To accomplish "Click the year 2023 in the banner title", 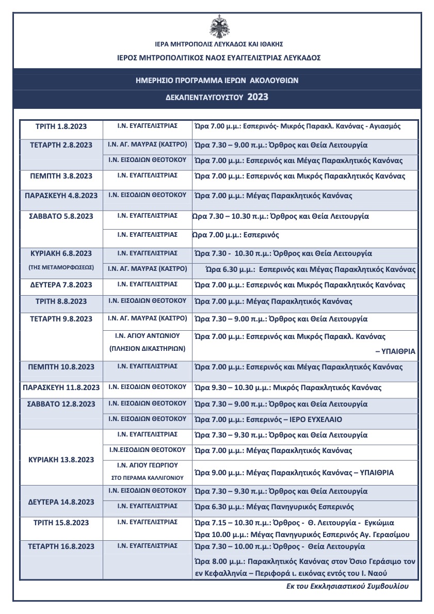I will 258,97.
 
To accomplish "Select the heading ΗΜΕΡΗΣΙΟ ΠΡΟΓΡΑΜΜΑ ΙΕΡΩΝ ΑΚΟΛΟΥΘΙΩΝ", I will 217,80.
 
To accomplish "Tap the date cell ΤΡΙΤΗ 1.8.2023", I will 61,126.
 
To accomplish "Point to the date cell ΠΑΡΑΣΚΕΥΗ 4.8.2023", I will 61,196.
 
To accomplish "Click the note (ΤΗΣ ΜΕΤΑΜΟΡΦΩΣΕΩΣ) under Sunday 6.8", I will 61,268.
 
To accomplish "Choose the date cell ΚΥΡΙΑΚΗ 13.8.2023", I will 61,460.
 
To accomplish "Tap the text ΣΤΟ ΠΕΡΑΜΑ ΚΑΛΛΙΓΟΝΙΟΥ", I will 147,478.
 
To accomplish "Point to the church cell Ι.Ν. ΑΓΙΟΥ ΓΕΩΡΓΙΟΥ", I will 147,465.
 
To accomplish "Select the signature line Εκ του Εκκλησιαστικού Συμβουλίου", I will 347,587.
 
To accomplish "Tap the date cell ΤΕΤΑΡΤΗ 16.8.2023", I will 61,546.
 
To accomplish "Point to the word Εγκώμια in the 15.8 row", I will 384,522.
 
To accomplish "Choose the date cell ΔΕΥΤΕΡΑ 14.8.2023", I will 61,502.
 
